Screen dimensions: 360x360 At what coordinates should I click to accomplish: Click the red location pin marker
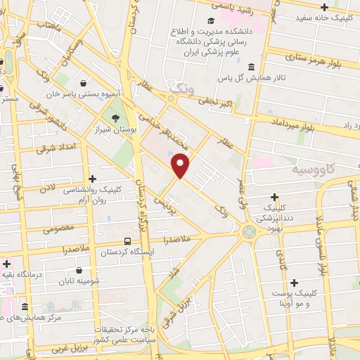tap(181, 165)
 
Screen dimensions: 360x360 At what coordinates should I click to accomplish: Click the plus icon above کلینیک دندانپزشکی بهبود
tap(274, 197)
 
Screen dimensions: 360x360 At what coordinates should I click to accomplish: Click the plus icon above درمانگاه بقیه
tap(7, 264)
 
